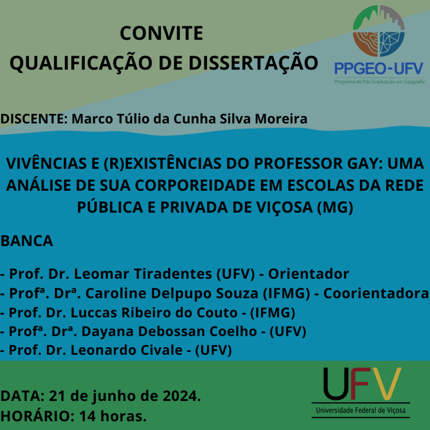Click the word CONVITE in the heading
coord(161,33)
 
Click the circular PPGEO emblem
coord(379,31)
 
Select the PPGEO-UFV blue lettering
coord(379,68)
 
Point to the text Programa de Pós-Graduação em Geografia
coord(379,82)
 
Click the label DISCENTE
coord(34,119)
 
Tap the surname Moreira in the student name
coord(281,119)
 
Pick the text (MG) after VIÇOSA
coord(335,207)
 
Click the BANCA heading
coord(26,241)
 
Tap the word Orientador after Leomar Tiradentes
coord(309,274)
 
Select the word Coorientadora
coord(376,293)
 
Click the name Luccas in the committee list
coord(94,312)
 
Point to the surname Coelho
coord(233,331)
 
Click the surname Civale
coord(161,350)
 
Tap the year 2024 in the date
coord(181,396)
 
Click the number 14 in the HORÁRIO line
coord(88,416)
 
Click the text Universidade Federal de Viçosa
coord(361,410)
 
